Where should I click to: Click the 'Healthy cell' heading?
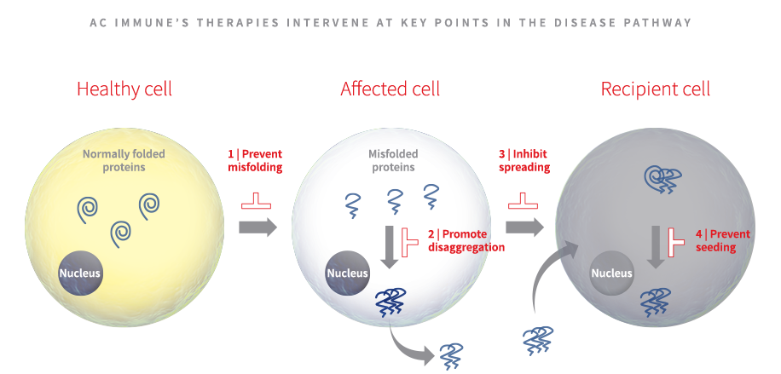pyautogui.click(x=124, y=89)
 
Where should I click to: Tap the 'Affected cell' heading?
pyautogui.click(x=390, y=89)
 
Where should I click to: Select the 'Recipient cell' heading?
pyautogui.click(x=655, y=89)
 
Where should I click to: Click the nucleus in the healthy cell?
pyautogui.click(x=80, y=273)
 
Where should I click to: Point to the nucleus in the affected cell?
pyautogui.click(x=347, y=273)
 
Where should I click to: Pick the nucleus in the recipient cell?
pyautogui.click(x=612, y=273)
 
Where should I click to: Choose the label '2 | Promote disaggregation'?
pyautogui.click(x=466, y=240)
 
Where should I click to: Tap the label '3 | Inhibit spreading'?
pyautogui.click(x=524, y=160)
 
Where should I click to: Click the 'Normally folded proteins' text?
pyautogui.click(x=125, y=160)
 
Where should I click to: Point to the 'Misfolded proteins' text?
pyautogui.click(x=391, y=160)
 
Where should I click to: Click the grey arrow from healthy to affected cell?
pyautogui.click(x=257, y=227)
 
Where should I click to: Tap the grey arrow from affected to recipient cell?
pyautogui.click(x=524, y=227)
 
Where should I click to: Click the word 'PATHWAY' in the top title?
pyautogui.click(x=661, y=23)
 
